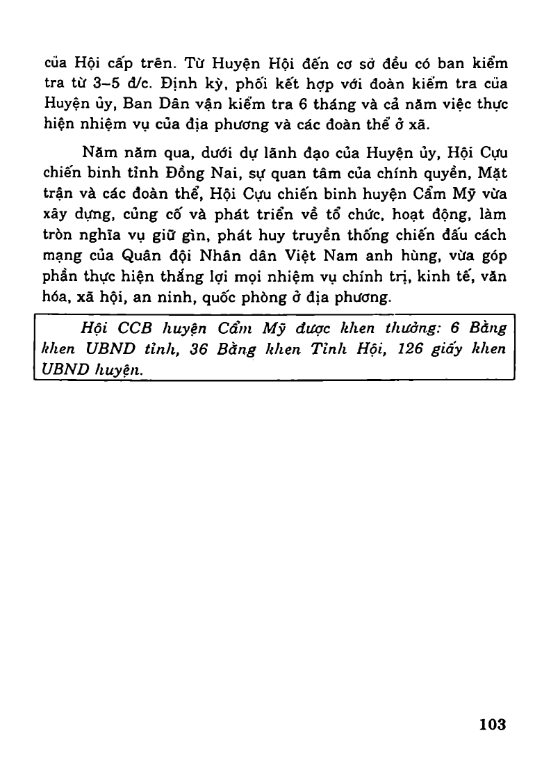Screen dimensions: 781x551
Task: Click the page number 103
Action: pyautogui.click(x=492, y=724)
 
